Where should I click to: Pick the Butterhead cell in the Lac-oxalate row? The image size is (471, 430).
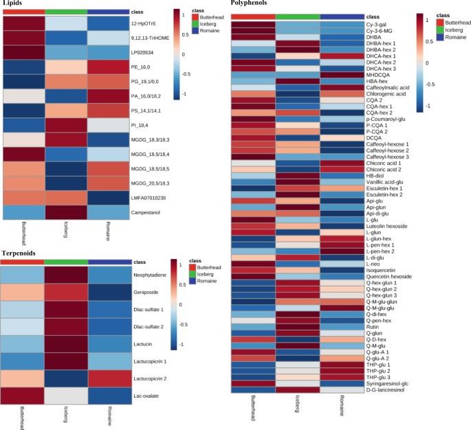pos(23,395)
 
